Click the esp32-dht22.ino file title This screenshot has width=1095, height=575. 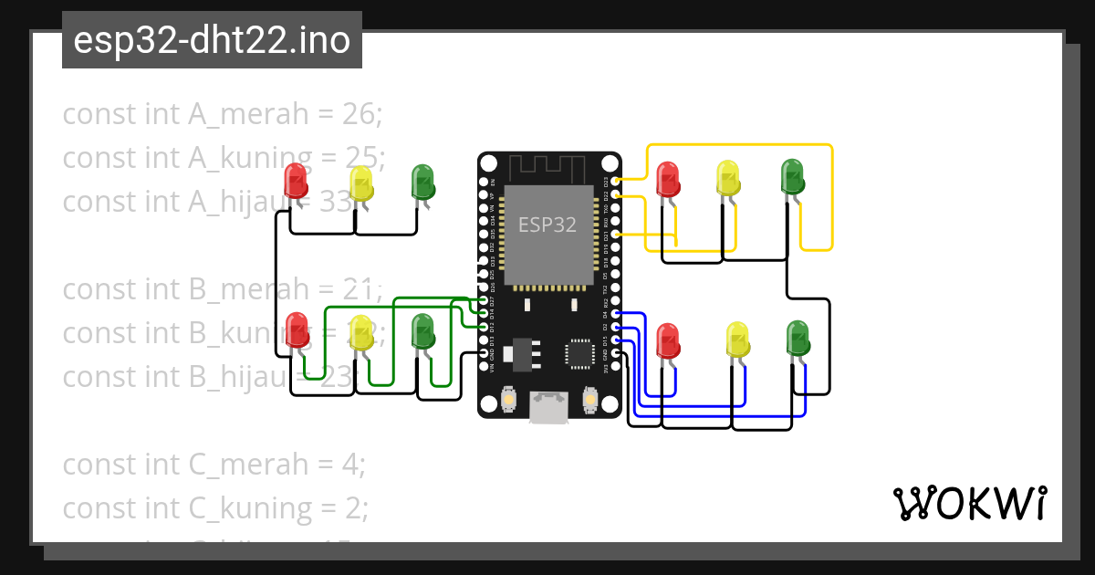coord(212,41)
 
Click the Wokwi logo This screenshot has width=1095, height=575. coord(969,503)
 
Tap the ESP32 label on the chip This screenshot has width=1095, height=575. coord(547,224)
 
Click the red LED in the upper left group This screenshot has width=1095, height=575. coord(296,180)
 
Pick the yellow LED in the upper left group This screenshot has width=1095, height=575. coord(361,183)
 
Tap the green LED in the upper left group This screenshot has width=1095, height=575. coord(422,181)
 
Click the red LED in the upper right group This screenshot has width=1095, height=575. coord(669,179)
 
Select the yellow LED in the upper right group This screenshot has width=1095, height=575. coord(728,177)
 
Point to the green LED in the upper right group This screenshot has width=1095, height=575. coord(792,176)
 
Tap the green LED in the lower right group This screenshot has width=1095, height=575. coord(798,337)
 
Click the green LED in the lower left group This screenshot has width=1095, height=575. coord(422,330)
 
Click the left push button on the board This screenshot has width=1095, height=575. coord(509,399)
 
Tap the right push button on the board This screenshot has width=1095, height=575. coord(589,399)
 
